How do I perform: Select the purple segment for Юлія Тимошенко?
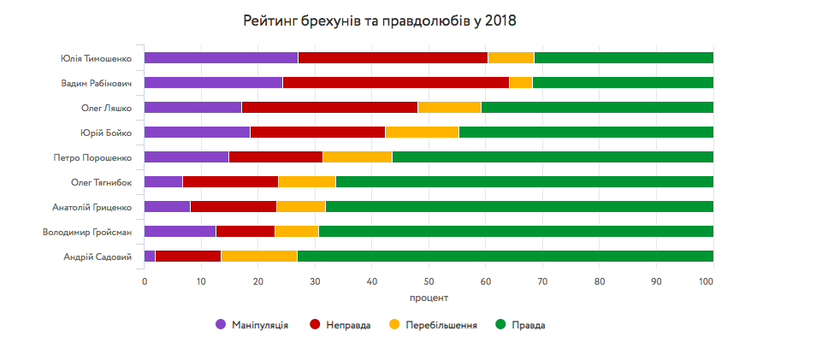[x=221, y=58]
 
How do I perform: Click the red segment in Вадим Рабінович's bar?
[x=395, y=83]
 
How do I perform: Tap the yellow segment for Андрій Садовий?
[x=259, y=257]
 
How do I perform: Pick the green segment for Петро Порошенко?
[x=553, y=157]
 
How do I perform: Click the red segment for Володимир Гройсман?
[x=245, y=232]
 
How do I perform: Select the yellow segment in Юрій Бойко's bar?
[x=422, y=133]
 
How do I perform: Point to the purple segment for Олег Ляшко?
[x=192, y=108]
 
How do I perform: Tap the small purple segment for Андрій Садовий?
[x=150, y=257]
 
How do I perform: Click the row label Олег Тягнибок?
[x=101, y=182]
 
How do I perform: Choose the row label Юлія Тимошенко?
[x=96, y=58]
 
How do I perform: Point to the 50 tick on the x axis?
[x=429, y=280]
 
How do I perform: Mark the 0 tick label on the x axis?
[x=145, y=280]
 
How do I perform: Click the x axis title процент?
[x=429, y=298]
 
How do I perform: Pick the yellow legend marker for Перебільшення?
[x=394, y=325]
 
